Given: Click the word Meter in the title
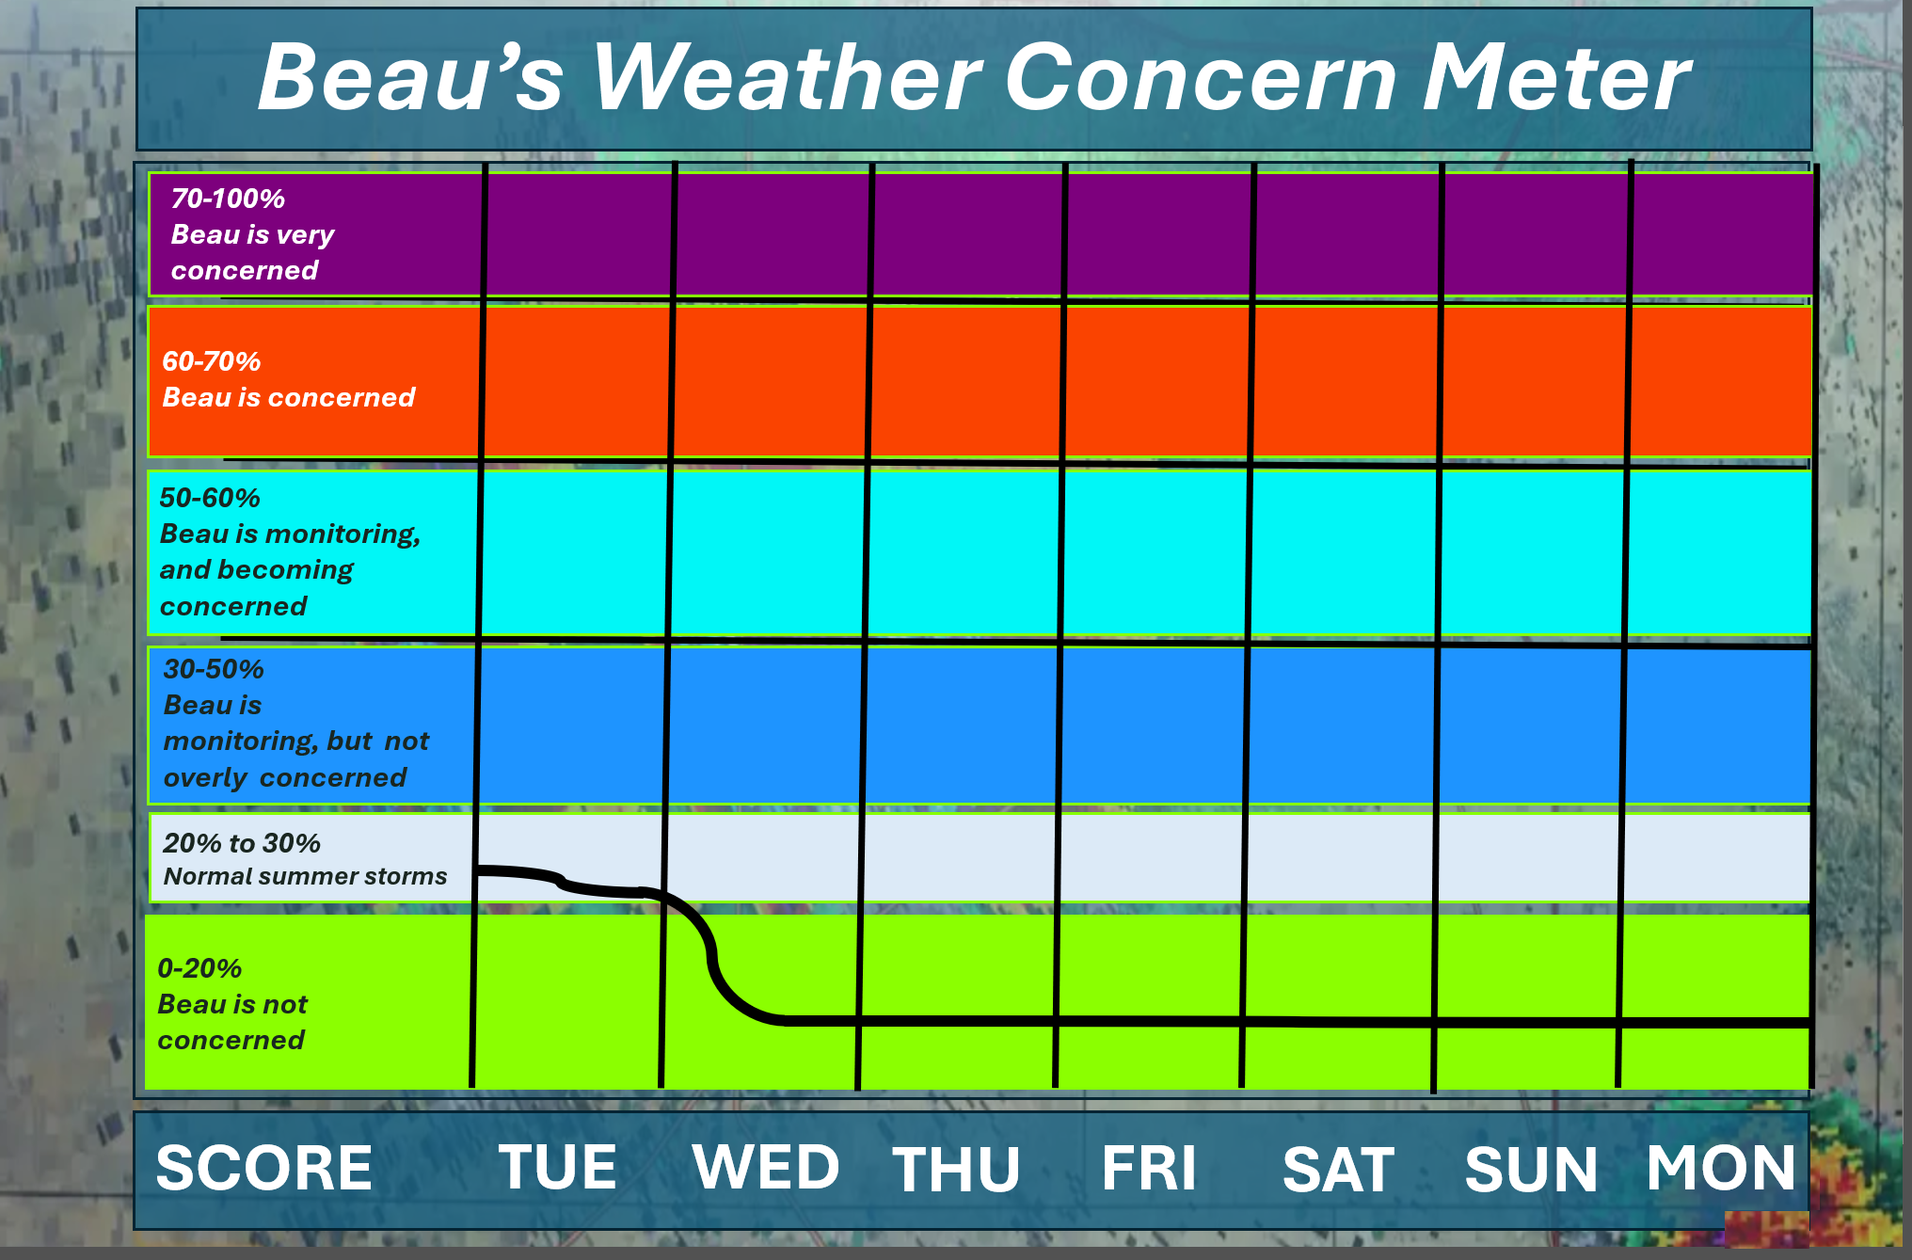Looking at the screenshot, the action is click(1556, 78).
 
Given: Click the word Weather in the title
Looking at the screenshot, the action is click(787, 78).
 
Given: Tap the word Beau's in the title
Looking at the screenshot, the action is click(410, 78).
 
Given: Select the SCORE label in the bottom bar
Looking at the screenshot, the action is click(264, 1168).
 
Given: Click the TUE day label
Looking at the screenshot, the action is click(557, 1168).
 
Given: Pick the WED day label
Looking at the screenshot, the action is click(766, 1168).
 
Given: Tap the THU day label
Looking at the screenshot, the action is click(956, 1170).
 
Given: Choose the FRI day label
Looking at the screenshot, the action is click(1149, 1169).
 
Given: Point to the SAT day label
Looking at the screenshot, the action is click(1338, 1170).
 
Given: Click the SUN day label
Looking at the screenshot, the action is click(1531, 1170).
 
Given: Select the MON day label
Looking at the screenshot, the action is click(1721, 1169).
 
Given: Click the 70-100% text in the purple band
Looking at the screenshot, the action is click(228, 199).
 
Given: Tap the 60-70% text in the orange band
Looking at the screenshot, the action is click(212, 361).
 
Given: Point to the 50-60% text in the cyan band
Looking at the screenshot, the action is click(210, 498).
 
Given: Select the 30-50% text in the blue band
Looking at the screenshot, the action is click(214, 669).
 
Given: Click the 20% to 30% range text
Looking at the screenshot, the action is click(242, 843).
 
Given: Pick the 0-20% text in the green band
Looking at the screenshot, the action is click(199, 968).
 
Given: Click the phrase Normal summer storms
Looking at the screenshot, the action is click(305, 876).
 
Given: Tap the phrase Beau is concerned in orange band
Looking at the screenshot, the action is click(289, 397).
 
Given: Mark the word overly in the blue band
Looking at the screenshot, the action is click(205, 778).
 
